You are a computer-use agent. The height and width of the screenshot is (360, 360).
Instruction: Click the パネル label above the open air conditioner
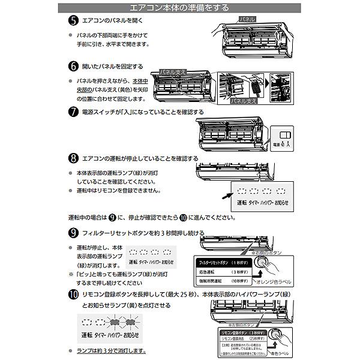(247, 19)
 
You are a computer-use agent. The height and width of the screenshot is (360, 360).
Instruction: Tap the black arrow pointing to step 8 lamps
(223, 194)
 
